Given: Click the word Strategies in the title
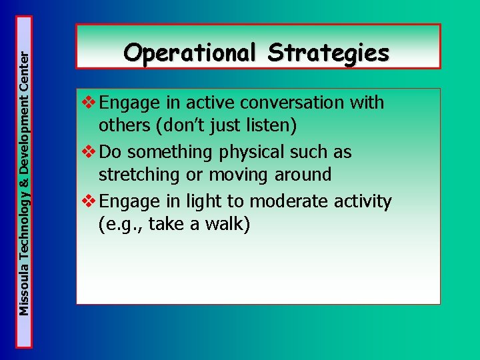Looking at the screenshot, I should click(x=329, y=52).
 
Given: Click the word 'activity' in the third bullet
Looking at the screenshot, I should click(x=366, y=201).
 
